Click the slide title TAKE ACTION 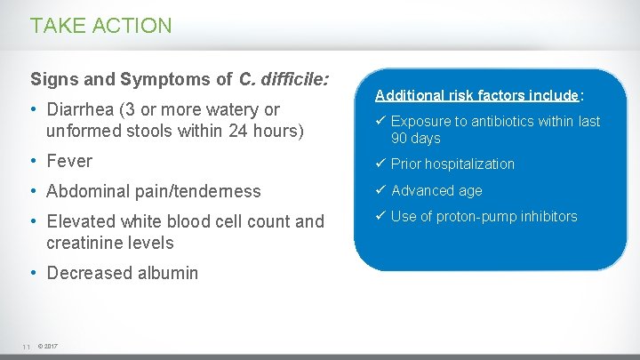click(101, 26)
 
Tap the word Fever click(69, 162)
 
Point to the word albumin click(167, 273)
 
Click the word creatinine click(85, 243)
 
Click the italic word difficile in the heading click(295, 80)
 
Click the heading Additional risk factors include click(477, 95)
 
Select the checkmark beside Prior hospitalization click(380, 164)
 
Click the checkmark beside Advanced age click(380, 190)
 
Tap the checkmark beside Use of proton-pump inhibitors click(380, 216)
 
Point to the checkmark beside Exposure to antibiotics click(380, 121)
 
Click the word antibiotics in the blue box click(508, 121)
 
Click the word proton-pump click(476, 216)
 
